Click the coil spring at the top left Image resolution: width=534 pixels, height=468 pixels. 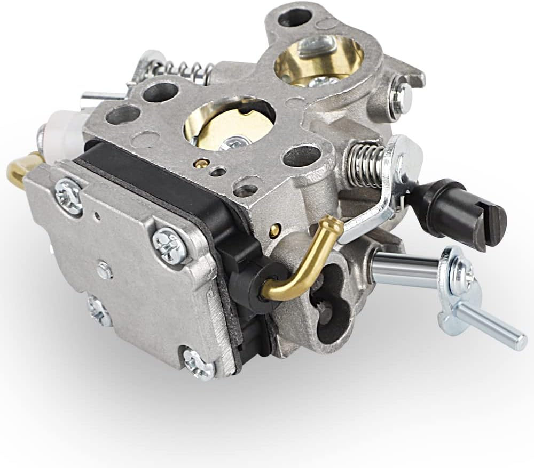(176, 70)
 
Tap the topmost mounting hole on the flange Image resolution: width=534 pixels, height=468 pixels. (295, 17)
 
